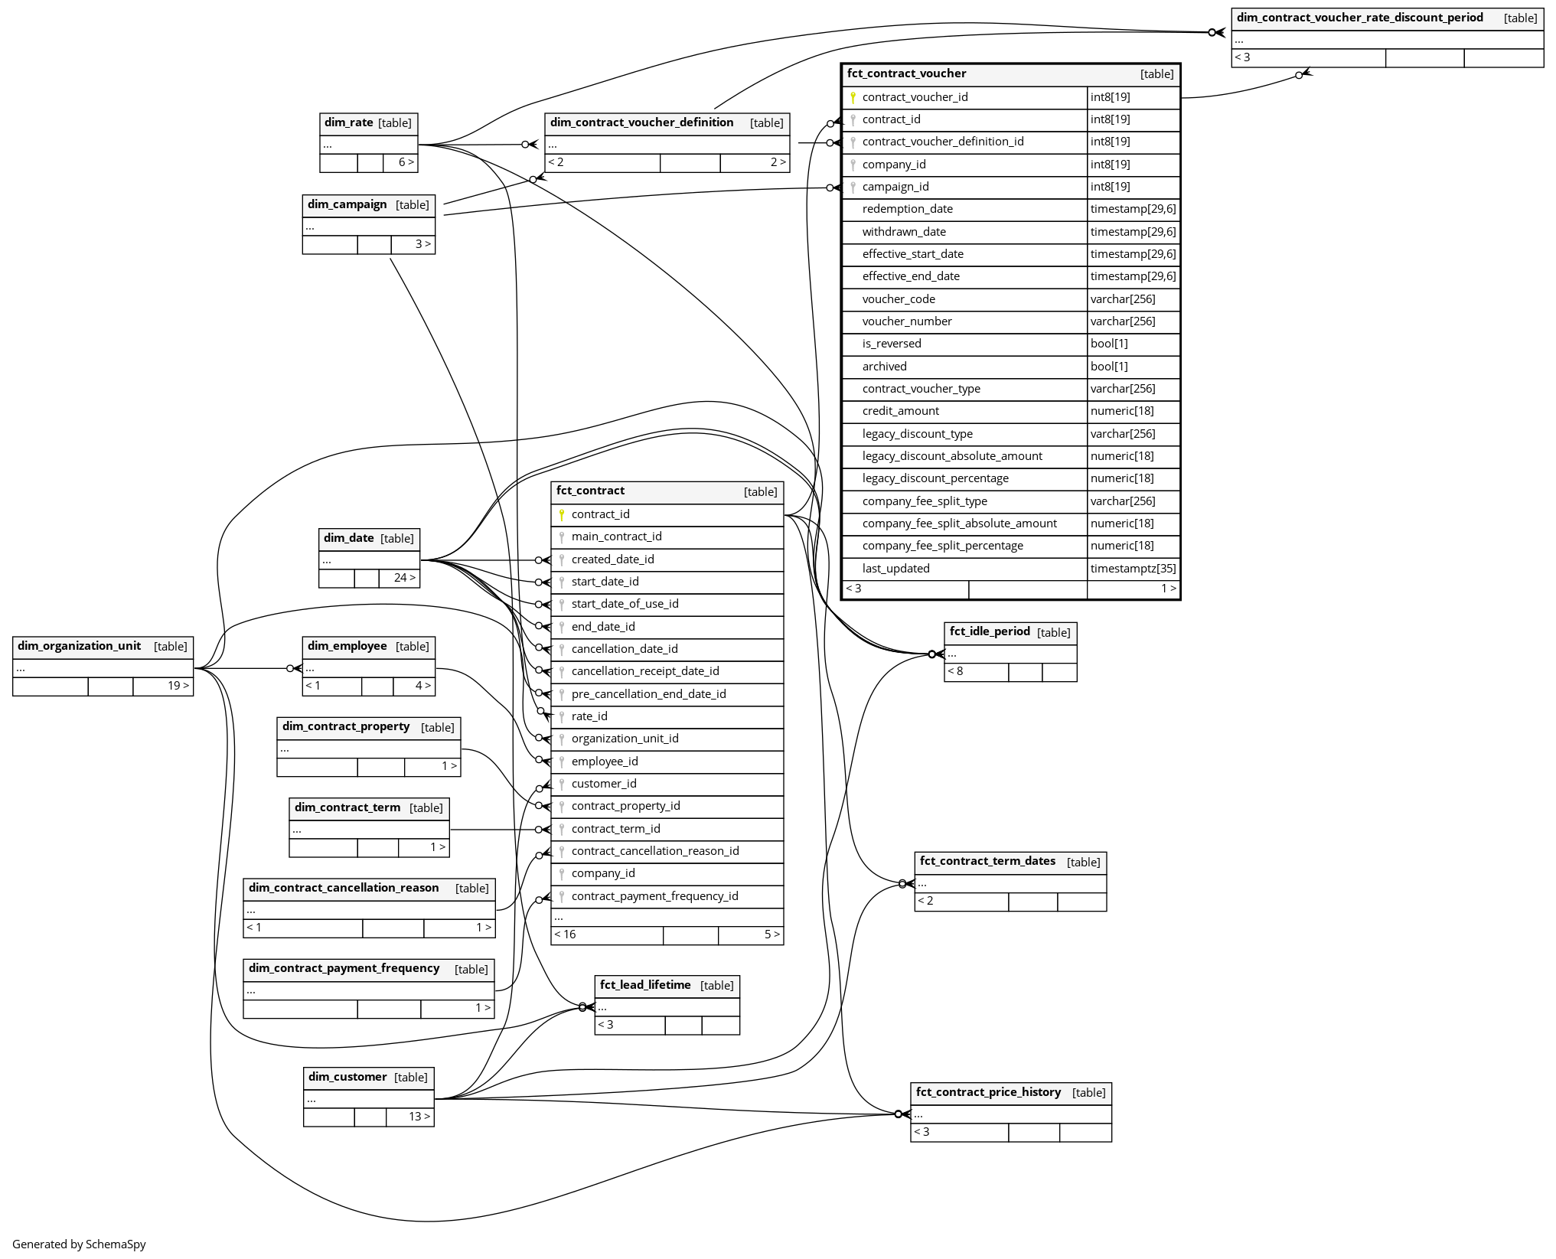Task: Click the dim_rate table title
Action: [349, 122]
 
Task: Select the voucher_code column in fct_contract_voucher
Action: [899, 299]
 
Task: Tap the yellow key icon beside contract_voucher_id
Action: [853, 97]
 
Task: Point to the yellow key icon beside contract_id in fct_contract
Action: [561, 514]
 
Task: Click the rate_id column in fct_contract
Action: [589, 716]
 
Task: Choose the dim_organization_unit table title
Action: [79, 646]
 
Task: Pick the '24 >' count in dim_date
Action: [405, 578]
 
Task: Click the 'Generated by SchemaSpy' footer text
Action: [79, 1244]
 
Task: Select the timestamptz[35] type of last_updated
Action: [1133, 569]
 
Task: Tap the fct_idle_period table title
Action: [989, 631]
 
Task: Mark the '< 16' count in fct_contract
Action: [566, 934]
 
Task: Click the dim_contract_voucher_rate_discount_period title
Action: [1359, 18]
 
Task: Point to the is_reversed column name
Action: [892, 344]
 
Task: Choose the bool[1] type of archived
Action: [1109, 367]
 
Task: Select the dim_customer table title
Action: [347, 1077]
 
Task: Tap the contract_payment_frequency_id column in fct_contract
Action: [654, 896]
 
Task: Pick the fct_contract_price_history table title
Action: [988, 1092]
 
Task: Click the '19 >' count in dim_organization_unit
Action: [178, 686]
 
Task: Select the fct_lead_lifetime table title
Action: [645, 985]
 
